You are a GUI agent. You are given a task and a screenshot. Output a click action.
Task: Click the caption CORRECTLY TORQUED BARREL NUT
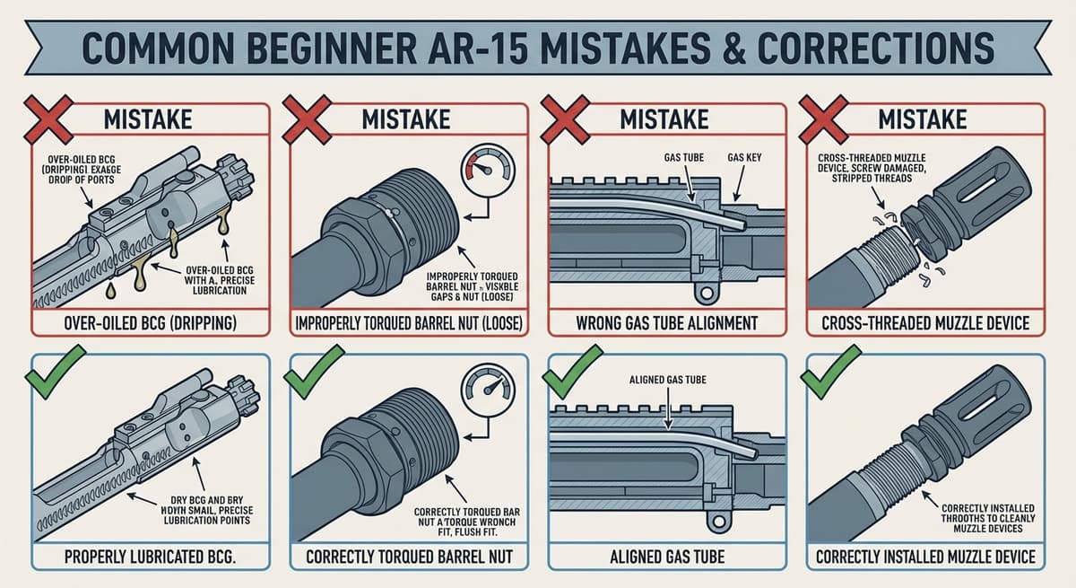coord(410,557)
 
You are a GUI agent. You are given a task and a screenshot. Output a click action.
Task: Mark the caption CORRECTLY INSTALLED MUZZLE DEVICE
coord(925,557)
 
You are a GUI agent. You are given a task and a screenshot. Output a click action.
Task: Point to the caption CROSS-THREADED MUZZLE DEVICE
coord(925,321)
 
